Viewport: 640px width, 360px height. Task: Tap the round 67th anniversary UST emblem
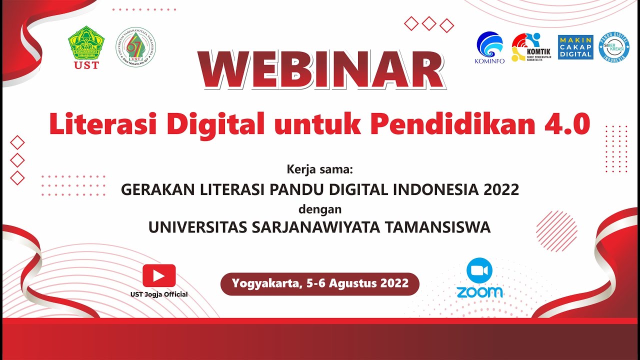135,47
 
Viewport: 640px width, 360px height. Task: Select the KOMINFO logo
489,47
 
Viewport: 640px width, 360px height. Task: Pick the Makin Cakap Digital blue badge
575,47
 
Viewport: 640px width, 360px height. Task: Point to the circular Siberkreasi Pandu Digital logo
614,48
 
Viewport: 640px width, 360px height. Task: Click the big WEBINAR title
320,70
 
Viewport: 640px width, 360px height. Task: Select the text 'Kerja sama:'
320,169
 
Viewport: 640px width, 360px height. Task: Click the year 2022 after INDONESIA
501,190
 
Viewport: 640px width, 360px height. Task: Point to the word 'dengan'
320,208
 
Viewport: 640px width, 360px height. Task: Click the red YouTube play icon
159,275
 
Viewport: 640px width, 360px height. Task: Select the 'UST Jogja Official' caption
159,294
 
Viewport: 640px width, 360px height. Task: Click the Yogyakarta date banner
320,284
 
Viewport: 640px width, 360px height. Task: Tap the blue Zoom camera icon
479,270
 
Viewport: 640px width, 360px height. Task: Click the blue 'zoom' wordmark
479,292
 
